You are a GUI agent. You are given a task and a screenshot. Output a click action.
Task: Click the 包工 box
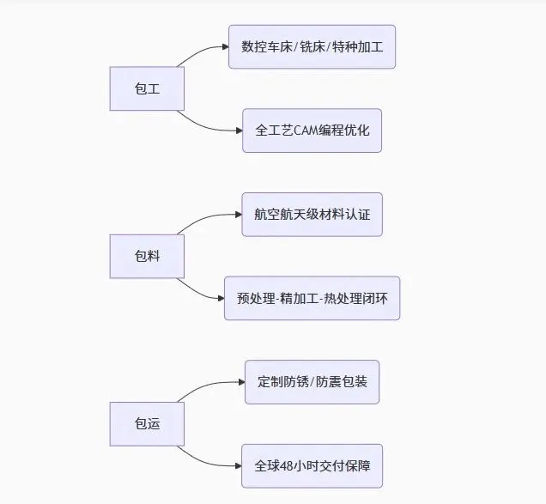[148, 88]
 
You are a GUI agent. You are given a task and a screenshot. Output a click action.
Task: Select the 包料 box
[148, 256]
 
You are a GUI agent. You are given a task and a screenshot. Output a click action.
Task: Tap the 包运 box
[148, 424]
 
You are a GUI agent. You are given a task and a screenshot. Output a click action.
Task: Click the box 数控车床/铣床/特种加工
[312, 46]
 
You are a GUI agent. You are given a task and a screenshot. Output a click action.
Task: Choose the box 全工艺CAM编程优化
[312, 131]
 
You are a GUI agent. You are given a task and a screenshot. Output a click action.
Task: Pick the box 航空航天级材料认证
[312, 215]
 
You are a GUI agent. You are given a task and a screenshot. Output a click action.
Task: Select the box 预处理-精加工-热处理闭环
[312, 298]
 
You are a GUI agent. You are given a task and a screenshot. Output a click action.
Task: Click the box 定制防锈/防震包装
[312, 382]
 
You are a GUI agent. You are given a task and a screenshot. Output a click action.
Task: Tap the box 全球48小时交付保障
[312, 466]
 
